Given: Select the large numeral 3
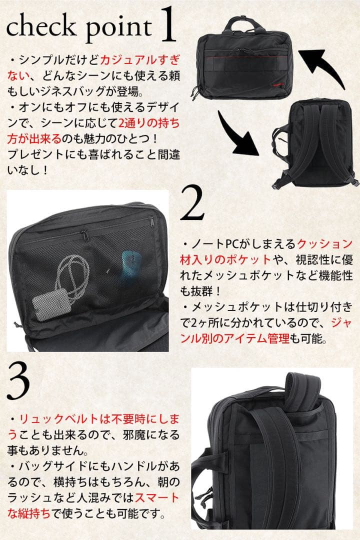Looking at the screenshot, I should tap(19, 381).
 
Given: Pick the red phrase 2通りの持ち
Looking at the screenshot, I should tap(149, 122).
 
